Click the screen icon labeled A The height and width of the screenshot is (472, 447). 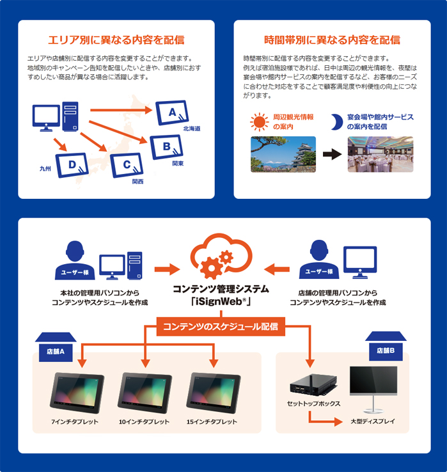pos(172,113)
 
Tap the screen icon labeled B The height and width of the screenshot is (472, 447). pos(166,147)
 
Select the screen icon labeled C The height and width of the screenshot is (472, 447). pos(127,165)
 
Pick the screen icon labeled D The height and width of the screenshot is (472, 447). pos(72,165)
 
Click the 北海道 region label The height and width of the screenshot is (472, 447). pos(192,129)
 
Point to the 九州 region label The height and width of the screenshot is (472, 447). pos(45,169)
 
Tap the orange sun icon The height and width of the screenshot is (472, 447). pos(259,122)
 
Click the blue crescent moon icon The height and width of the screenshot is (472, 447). pos(337,122)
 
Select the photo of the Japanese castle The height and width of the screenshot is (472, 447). pos(283,154)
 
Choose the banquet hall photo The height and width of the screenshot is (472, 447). pos(380,154)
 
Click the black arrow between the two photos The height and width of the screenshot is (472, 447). pos(332,154)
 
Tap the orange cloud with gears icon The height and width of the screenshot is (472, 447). pos(221,256)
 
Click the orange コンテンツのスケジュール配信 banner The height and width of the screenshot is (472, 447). pos(221,327)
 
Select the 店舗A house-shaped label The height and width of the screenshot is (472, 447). pos(56,347)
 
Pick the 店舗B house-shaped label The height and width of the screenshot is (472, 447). pos(386,346)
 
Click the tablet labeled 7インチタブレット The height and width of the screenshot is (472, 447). pos(77,393)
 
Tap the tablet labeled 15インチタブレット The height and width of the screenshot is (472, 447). pos(214,393)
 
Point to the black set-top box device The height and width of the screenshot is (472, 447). pos(313,385)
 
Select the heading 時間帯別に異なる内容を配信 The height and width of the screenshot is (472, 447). pos(332,40)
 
